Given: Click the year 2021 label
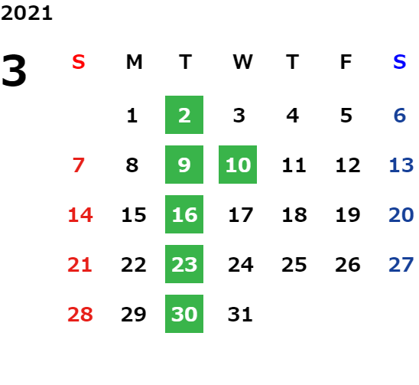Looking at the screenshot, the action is (27, 13).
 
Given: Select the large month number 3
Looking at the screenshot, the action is (14, 70).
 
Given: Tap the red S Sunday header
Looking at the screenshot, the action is (79, 62).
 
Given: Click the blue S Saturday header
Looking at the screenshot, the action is (400, 62).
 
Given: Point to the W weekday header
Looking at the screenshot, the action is (242, 62).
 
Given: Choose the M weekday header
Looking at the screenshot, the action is (134, 62).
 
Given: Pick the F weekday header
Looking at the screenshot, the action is (346, 62).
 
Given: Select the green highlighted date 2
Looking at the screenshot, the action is (184, 115).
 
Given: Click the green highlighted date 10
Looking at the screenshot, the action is (238, 165).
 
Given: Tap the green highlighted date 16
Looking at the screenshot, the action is (184, 214).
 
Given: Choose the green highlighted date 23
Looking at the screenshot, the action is (184, 264).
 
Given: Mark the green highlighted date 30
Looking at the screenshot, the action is (184, 314).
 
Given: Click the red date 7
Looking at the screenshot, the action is (79, 165).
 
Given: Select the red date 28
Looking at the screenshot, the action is (80, 315).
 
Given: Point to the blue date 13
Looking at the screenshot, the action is (401, 165).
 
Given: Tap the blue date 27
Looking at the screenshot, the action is (401, 265).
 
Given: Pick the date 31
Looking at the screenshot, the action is (240, 315).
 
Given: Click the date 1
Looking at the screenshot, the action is (132, 116).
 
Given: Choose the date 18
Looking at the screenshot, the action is (294, 215).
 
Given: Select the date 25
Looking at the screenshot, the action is (294, 265).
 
